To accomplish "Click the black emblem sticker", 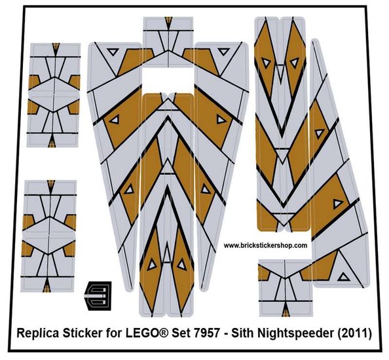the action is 98,296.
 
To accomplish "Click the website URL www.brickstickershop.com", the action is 265,245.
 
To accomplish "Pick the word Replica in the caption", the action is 38,333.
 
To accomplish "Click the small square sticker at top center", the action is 168,42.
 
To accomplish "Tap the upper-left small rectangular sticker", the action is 54,95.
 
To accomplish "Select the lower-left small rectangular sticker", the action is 48,236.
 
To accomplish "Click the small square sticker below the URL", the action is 286,288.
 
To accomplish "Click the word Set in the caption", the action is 181,333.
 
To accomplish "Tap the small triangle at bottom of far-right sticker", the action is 344,277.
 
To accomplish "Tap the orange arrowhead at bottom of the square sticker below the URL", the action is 286,311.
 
